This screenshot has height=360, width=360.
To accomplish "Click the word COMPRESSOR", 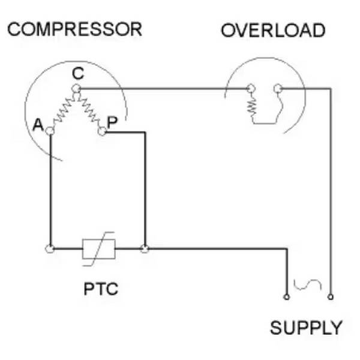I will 74,29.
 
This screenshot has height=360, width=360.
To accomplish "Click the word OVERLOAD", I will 273,31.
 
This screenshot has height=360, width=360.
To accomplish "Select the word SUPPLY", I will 306,328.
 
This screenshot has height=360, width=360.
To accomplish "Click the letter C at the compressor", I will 77,74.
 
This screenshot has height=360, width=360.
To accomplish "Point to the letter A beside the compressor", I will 38,125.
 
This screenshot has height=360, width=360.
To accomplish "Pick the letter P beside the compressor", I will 112,123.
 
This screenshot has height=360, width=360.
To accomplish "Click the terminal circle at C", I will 76,89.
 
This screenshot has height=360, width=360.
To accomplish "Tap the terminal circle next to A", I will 50,130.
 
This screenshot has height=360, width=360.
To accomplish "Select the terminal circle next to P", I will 102,131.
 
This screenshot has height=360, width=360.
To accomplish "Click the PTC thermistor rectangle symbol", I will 97,248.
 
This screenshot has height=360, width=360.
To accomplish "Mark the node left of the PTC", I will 50,248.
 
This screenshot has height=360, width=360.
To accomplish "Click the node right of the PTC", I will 144,248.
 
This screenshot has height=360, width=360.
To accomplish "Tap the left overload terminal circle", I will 251,89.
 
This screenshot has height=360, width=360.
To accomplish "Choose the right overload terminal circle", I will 277,89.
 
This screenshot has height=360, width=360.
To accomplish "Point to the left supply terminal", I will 286,296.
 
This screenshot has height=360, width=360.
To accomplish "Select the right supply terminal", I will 331,296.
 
